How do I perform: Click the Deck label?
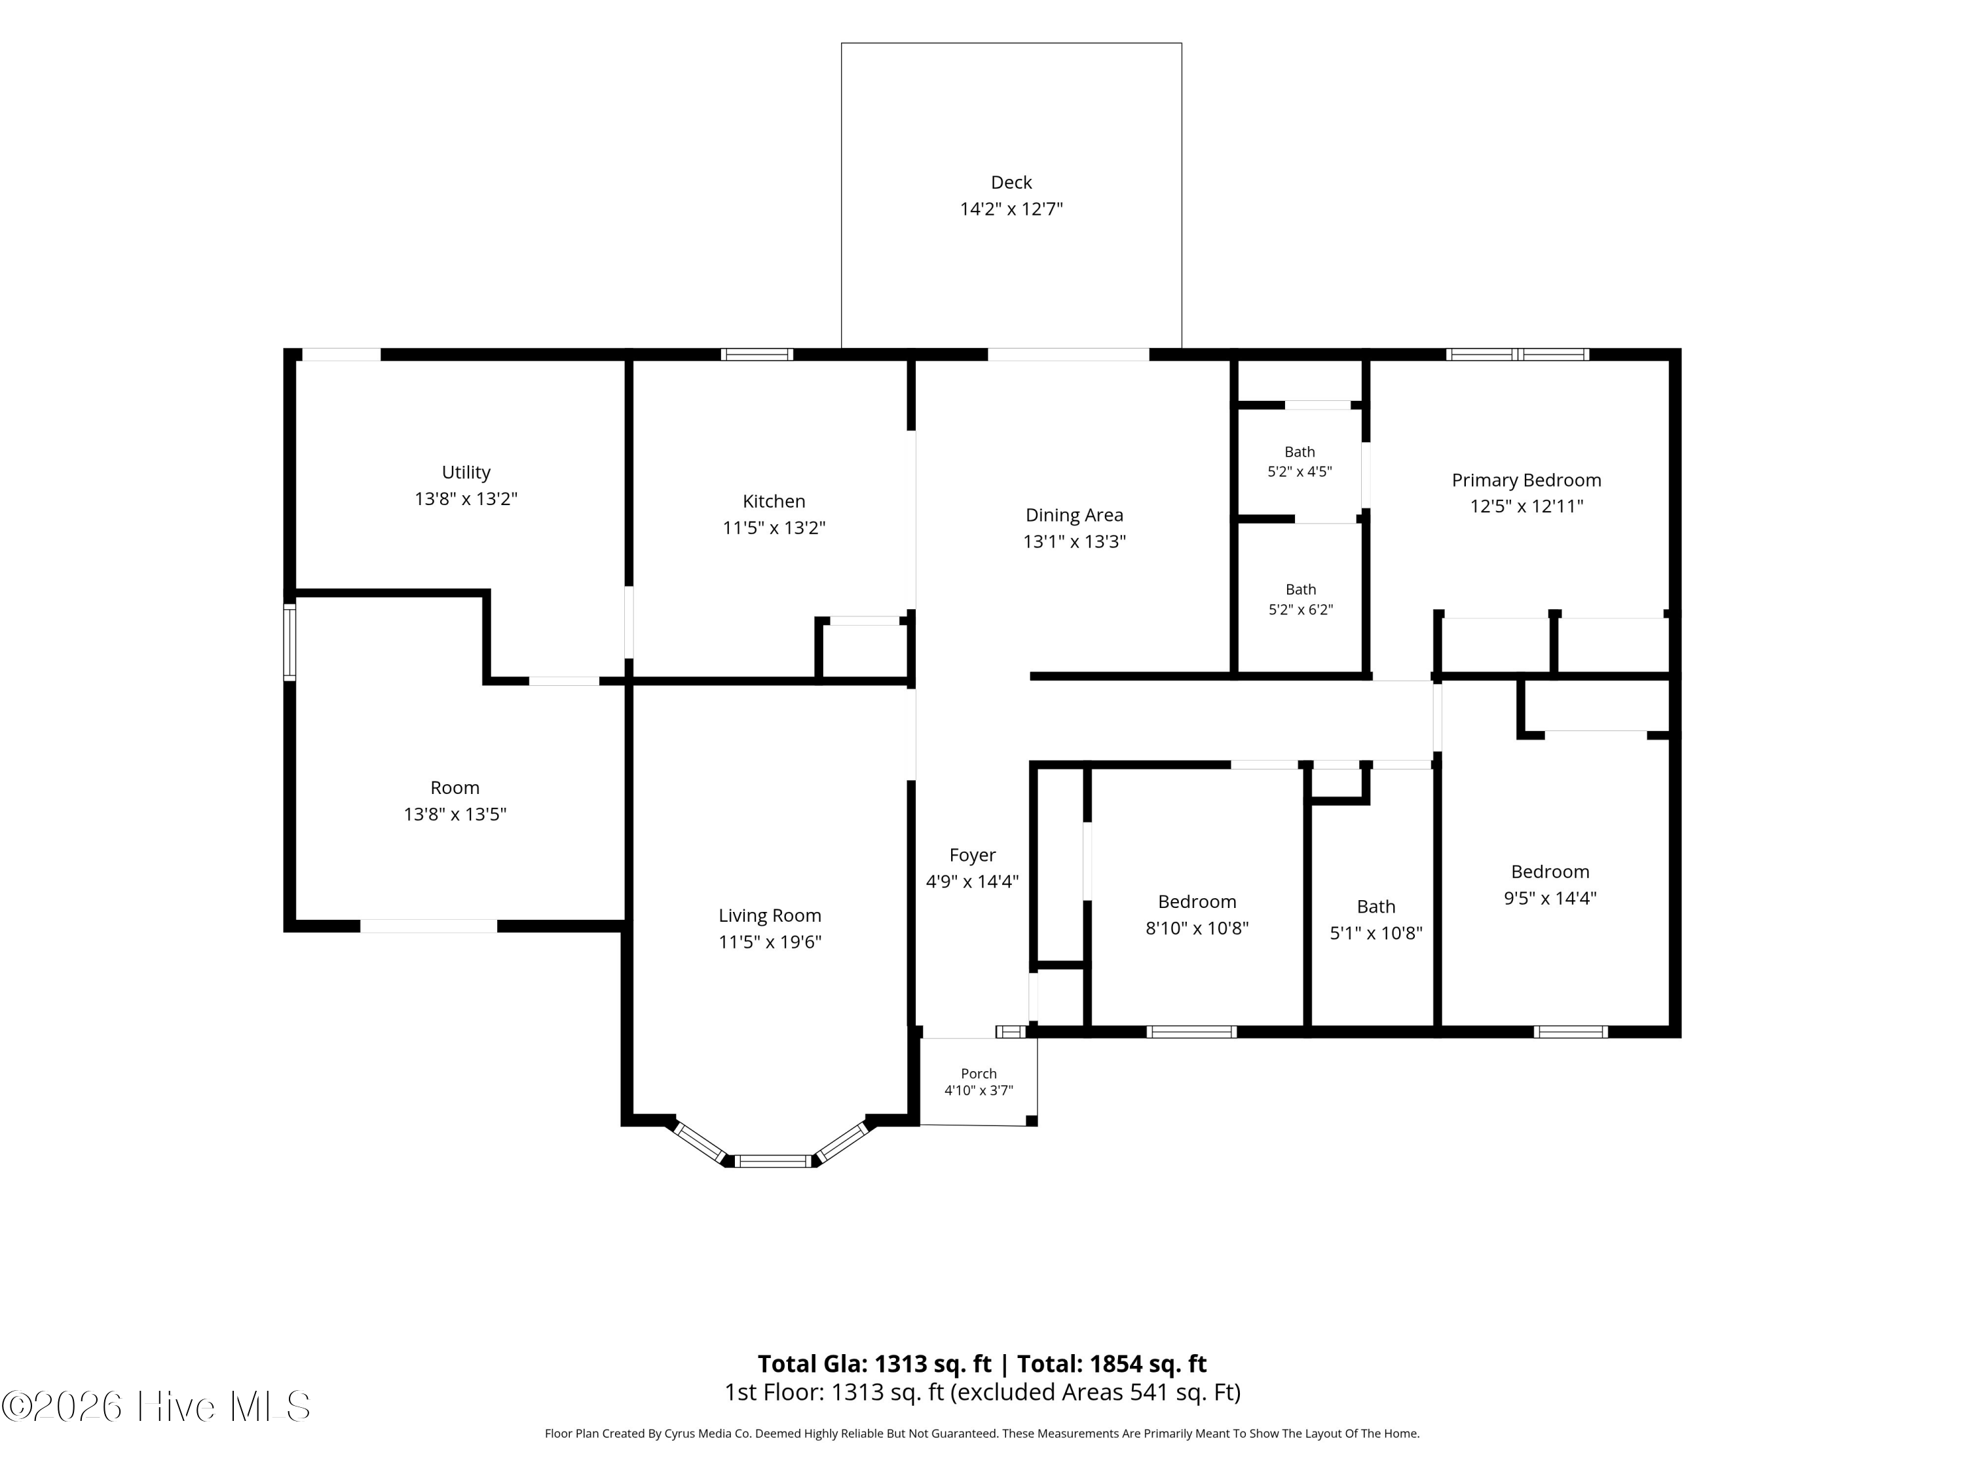pos(1011,182)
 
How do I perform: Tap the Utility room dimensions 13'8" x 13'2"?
pos(466,499)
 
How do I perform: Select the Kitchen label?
pos(774,501)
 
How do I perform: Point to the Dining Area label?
pos(1074,516)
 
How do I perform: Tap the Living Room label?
pos(770,915)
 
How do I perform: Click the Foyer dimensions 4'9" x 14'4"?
pos(972,881)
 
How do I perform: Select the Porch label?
pos(979,1073)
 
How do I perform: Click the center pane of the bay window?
pos(774,1160)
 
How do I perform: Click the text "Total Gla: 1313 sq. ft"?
pos(874,1364)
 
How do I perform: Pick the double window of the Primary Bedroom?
pos(1517,354)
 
